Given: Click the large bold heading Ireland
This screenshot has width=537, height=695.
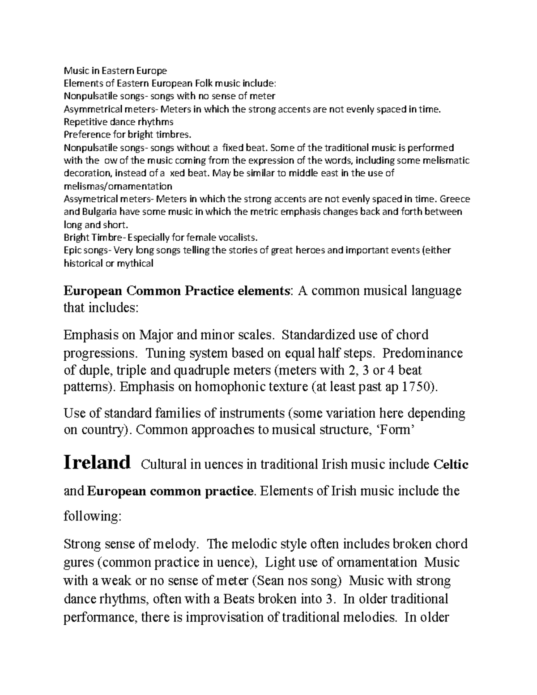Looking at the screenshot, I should (97, 462).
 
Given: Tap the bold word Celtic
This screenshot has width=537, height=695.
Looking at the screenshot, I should (451, 465).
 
